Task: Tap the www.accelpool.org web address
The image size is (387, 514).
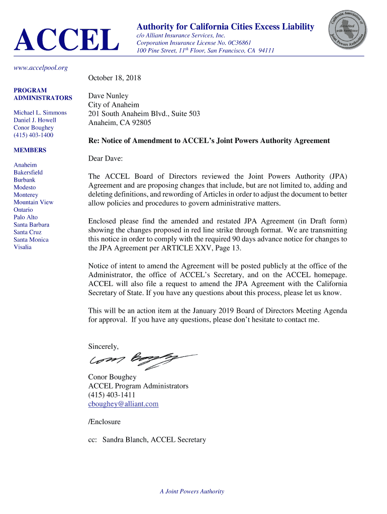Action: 41,68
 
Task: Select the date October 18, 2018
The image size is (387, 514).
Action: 115,78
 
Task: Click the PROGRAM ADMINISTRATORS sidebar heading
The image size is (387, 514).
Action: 43,94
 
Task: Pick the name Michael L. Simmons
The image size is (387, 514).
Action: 40,113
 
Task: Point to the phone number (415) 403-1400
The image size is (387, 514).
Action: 33,135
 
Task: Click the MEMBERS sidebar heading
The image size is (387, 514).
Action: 30,150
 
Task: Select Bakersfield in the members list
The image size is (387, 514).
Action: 28,172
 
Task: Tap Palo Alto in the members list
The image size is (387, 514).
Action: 26,217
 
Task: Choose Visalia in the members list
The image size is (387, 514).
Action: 23,247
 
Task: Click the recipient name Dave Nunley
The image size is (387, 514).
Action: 108,96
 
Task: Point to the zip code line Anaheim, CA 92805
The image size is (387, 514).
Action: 120,122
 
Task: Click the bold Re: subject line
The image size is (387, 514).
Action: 209,141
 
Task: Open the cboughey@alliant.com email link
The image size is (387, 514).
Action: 123,404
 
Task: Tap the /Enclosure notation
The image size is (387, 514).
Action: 104,422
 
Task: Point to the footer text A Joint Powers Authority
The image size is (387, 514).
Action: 192,491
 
